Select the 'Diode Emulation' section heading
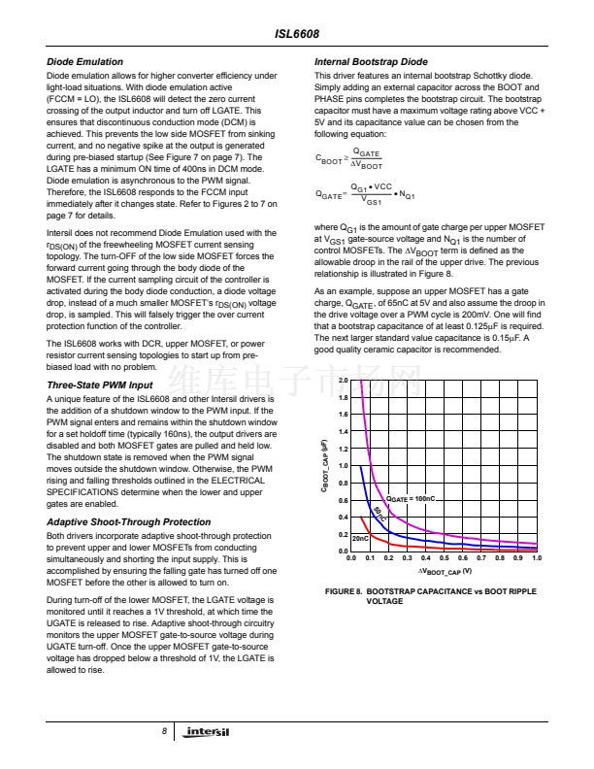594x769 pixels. click(84, 62)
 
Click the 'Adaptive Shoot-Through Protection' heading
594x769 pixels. click(128, 522)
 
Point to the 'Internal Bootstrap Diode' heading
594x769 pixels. click(372, 62)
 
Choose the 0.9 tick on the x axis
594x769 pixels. click(518, 559)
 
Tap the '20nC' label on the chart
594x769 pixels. click(360, 537)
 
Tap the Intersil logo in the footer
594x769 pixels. click(209, 731)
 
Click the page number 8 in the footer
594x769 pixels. click(165, 730)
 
